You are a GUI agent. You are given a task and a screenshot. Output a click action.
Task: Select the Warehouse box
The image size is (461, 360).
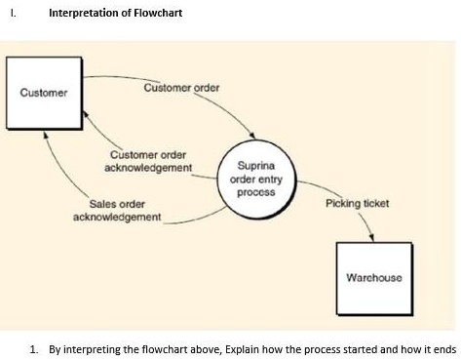pos(373,276)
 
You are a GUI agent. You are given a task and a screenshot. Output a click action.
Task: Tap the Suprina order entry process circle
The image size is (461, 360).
pos(255,180)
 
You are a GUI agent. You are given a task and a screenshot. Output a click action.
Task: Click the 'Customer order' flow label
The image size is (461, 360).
pos(181,88)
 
